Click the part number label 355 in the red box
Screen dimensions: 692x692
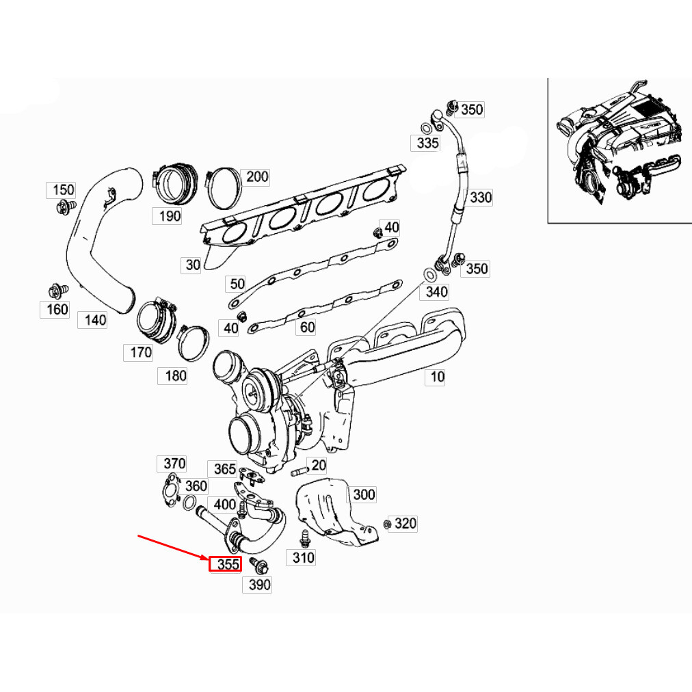(226, 565)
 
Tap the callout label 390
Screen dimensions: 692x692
(259, 585)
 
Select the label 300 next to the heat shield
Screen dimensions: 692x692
(364, 494)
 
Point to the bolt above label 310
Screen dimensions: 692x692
(305, 538)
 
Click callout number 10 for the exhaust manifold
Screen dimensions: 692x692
(437, 376)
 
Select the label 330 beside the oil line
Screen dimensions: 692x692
(480, 198)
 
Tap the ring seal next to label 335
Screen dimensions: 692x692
(425, 127)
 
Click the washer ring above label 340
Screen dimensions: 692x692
(429, 275)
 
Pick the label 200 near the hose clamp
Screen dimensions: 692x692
(257, 176)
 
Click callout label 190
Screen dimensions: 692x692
(169, 216)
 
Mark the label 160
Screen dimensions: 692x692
(57, 309)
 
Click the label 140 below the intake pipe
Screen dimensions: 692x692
(95, 319)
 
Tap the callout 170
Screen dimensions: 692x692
(140, 353)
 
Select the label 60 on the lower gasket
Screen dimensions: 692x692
(307, 327)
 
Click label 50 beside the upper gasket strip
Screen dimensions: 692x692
(237, 283)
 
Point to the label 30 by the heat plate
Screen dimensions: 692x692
(192, 265)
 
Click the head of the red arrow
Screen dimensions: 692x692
(207, 559)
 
